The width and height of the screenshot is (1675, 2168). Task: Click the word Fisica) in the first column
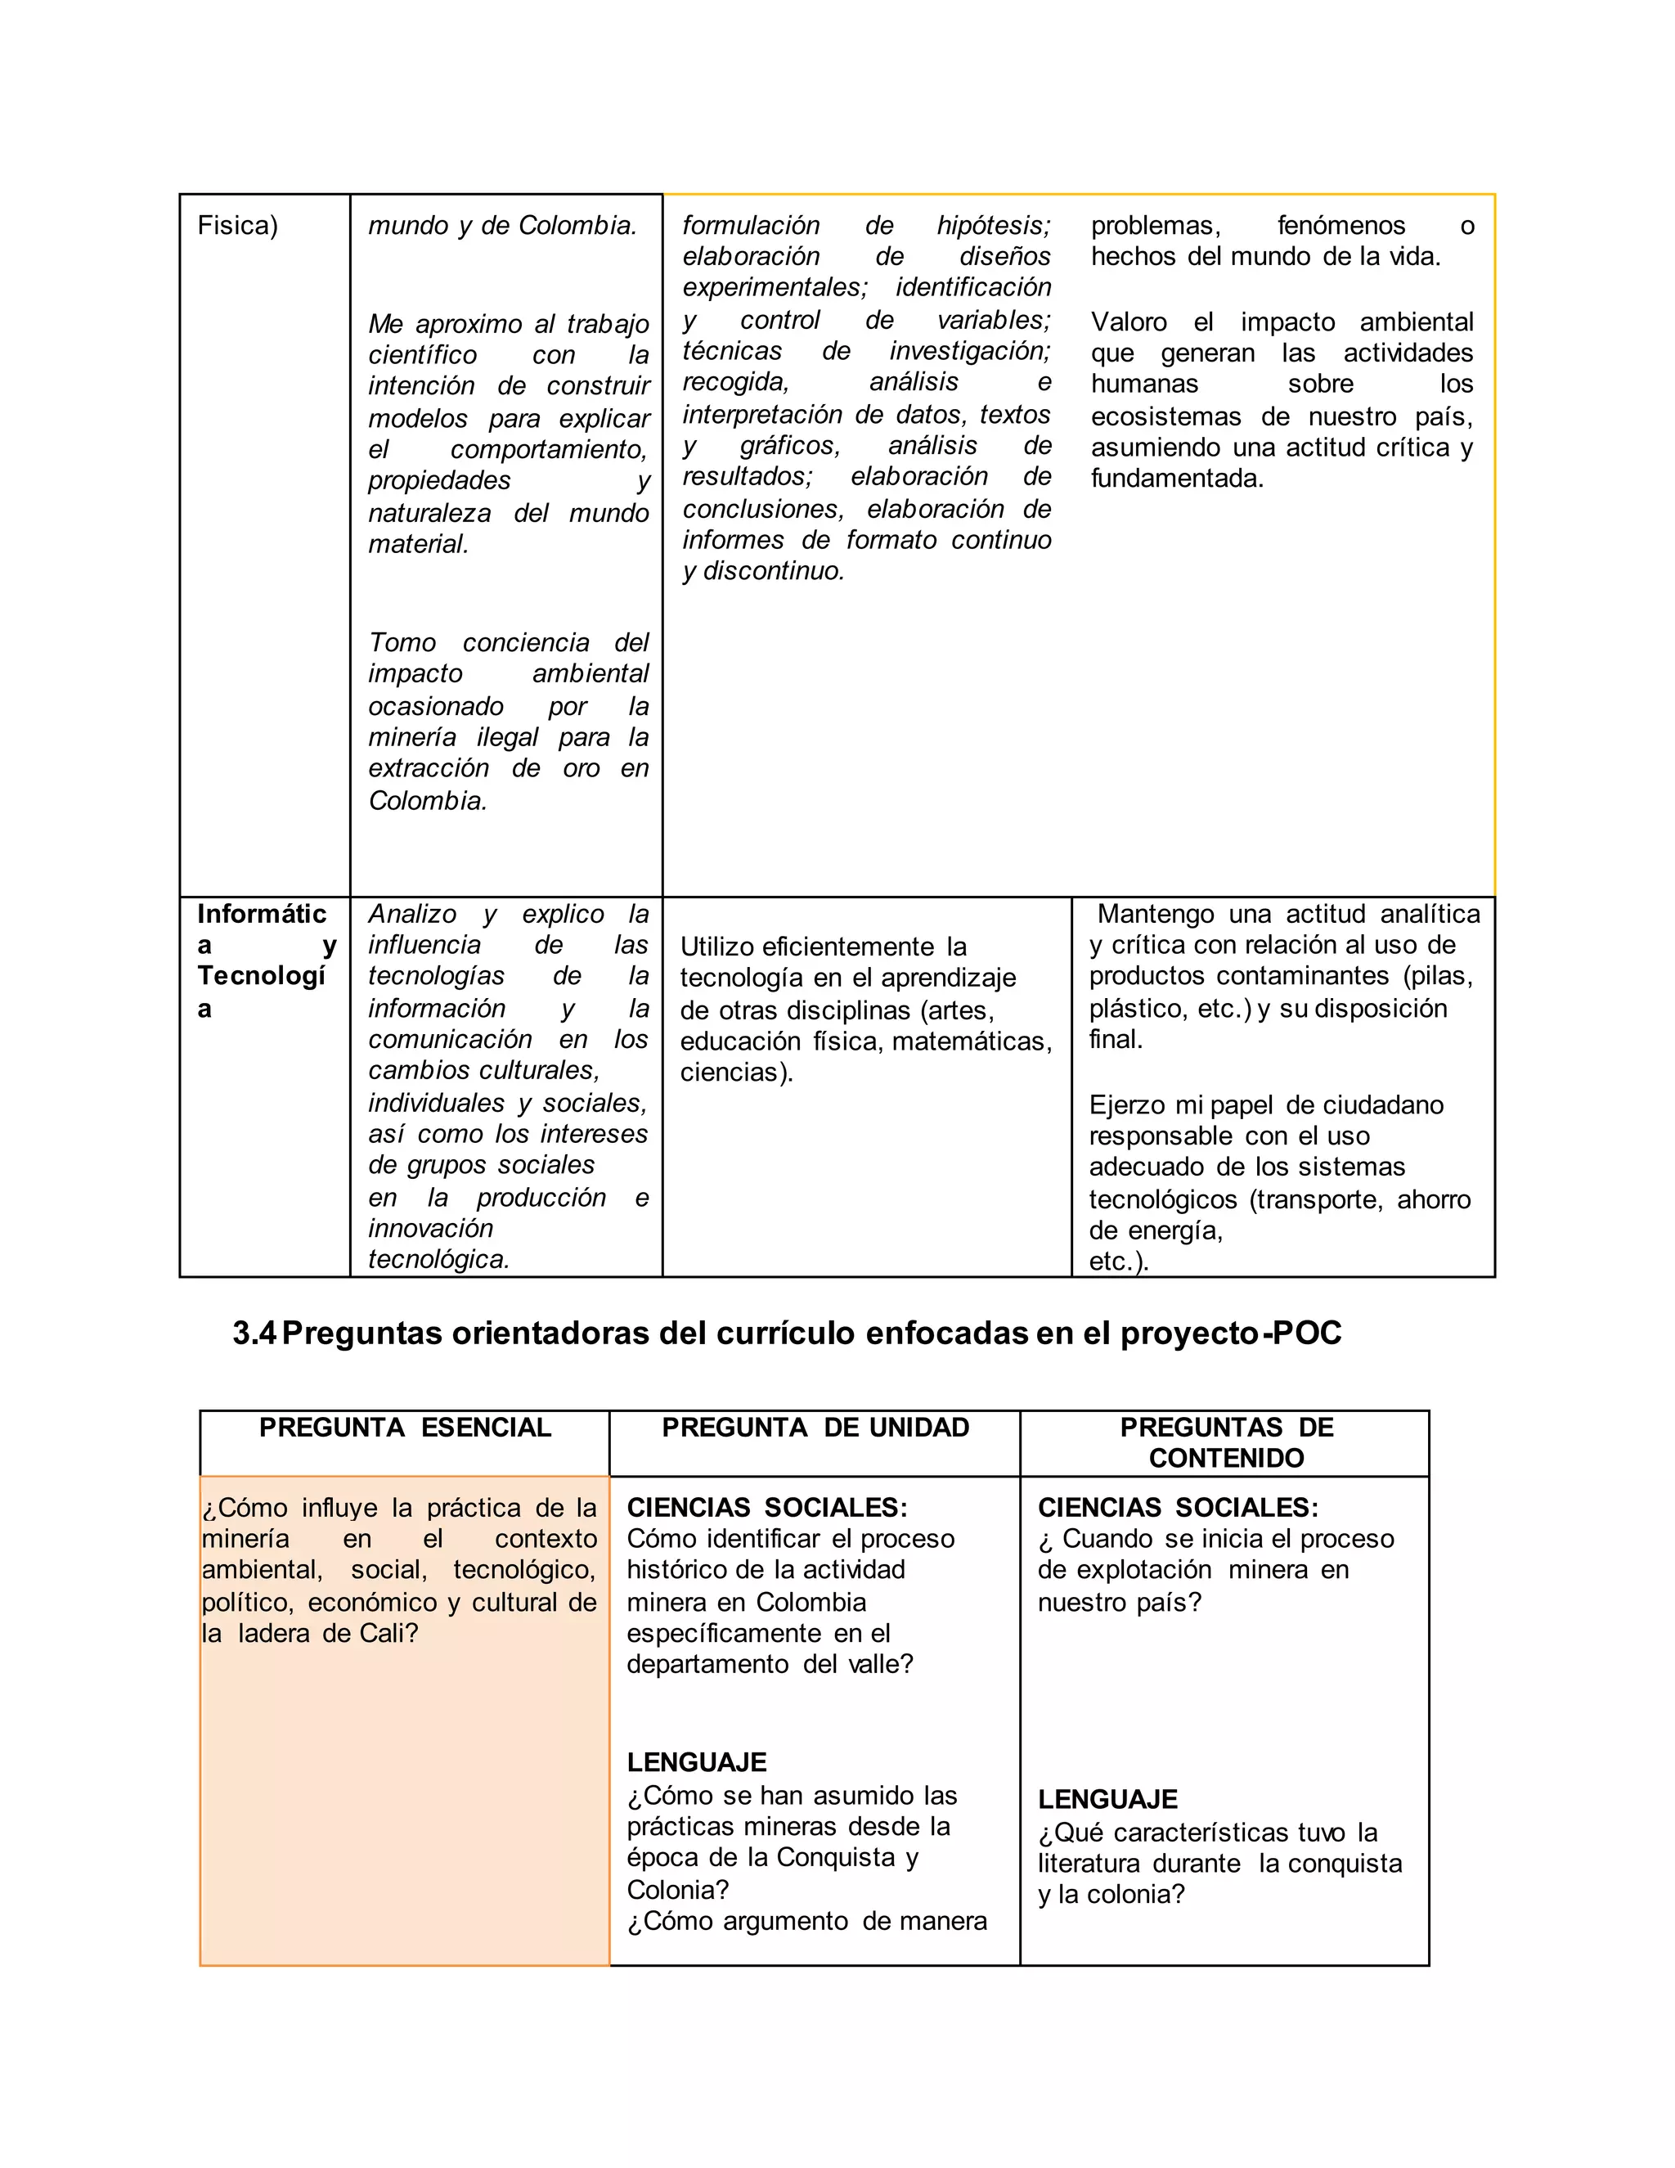tap(237, 227)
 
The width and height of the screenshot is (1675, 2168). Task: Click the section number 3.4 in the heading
tap(254, 1334)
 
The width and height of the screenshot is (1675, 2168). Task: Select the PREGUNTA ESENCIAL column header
tap(405, 1428)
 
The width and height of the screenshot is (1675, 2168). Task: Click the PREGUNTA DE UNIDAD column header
tap(815, 1428)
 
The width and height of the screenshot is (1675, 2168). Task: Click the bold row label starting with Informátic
tap(262, 915)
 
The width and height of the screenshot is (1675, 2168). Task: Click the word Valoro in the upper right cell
tap(1129, 322)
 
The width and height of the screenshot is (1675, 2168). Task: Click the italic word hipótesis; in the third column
tap(992, 227)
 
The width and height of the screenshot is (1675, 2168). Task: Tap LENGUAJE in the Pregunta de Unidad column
tap(697, 1762)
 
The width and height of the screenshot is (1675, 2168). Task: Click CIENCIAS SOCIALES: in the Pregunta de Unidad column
tap(766, 1508)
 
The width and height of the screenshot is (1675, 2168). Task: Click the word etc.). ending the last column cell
tap(1118, 1262)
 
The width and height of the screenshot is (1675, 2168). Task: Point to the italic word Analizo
tap(412, 915)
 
